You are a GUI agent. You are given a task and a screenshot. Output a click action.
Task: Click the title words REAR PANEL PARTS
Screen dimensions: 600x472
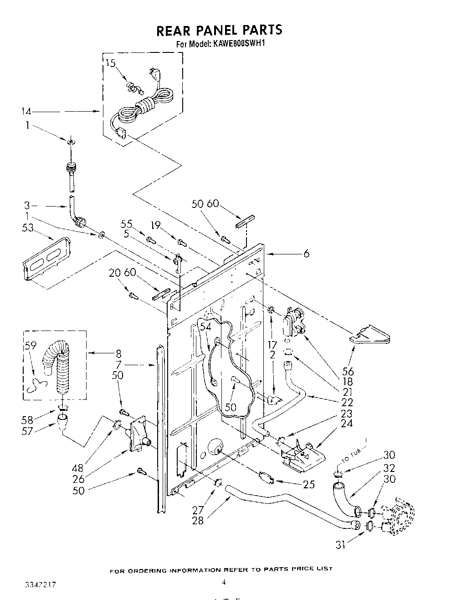point(219,30)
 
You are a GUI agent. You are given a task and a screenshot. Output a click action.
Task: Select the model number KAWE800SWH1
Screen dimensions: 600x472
point(237,45)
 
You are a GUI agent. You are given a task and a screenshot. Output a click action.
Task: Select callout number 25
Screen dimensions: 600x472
point(309,484)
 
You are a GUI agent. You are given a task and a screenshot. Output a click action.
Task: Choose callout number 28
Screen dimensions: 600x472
point(198,520)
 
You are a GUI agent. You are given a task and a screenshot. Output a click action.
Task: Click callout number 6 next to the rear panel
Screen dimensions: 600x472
point(306,253)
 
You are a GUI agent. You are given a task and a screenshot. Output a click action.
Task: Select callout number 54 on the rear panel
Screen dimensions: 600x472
point(205,326)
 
